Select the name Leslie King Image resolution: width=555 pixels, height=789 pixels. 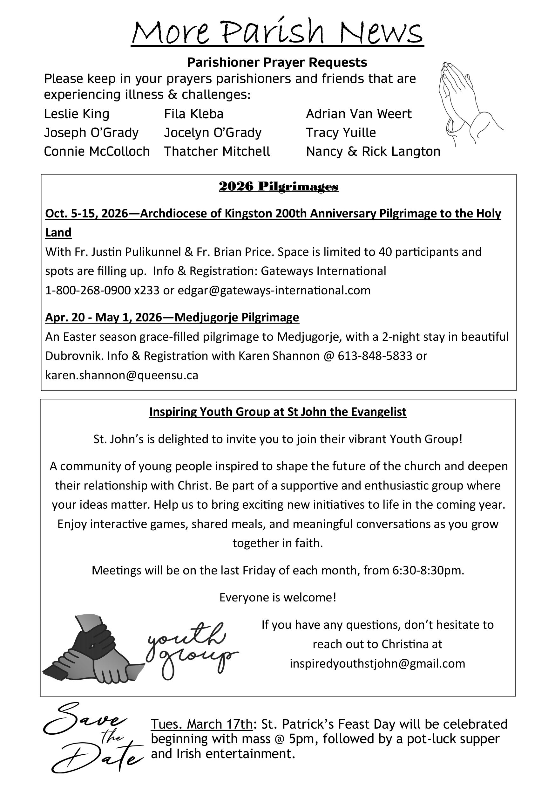77,114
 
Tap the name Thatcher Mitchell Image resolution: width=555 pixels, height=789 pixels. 217,151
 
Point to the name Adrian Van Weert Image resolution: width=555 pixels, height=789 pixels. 359,114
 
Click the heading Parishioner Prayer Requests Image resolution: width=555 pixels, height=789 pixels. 277,63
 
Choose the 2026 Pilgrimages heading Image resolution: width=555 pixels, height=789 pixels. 279,186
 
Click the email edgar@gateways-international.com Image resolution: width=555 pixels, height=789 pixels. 274,290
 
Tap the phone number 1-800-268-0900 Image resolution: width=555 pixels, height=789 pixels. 88,290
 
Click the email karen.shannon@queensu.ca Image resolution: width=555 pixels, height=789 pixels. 122,375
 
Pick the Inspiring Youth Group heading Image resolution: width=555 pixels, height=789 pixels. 278,412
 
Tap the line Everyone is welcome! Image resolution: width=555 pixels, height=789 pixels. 278,598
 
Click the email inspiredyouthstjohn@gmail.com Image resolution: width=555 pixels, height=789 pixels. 377,663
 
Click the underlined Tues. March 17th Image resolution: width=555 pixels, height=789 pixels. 202,724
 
